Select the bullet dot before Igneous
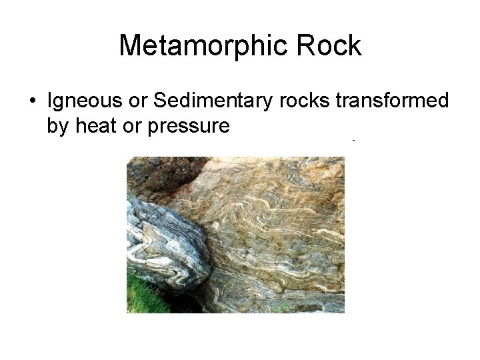click(32, 101)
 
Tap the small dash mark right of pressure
click(353, 141)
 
